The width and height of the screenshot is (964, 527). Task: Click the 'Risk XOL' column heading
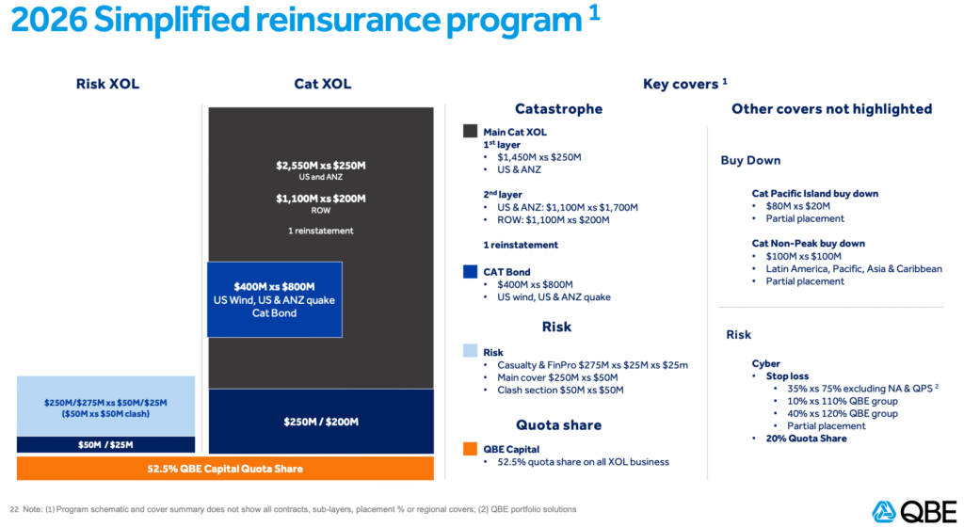click(107, 84)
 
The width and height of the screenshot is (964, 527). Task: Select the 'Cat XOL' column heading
click(322, 84)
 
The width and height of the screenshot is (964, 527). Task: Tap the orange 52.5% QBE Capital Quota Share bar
click(225, 468)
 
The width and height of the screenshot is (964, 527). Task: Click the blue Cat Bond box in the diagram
click(274, 299)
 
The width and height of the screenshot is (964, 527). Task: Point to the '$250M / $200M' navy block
click(320, 422)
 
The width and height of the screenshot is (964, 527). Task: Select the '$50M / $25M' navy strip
click(106, 444)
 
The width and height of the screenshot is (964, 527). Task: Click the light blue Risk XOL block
click(106, 407)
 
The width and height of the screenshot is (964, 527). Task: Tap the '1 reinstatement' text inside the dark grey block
click(321, 231)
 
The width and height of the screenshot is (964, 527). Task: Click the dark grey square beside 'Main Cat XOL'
click(470, 132)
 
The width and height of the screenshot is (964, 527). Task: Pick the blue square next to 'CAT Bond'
click(470, 272)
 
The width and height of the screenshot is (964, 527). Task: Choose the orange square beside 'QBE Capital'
click(470, 448)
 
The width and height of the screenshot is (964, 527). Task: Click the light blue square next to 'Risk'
click(470, 352)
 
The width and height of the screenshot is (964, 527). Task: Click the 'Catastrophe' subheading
click(558, 109)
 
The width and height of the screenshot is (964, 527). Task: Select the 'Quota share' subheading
click(558, 424)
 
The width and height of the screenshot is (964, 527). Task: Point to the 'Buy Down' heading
click(750, 160)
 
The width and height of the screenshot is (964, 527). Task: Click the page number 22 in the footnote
click(14, 509)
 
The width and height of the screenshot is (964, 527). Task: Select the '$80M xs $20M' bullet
click(800, 206)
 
